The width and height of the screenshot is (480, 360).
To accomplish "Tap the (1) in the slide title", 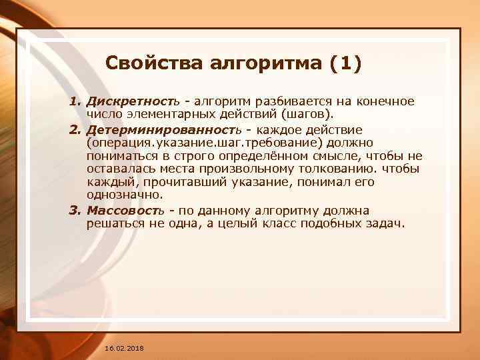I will coord(345,64).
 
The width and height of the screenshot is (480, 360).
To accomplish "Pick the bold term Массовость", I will coord(124,211).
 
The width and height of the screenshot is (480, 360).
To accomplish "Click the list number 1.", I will coord(75,102).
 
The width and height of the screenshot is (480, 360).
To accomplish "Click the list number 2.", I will coord(75,128).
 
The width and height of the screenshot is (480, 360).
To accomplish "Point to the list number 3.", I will coord(75,211).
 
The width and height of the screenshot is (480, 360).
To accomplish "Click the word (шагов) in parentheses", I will coord(310,115).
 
